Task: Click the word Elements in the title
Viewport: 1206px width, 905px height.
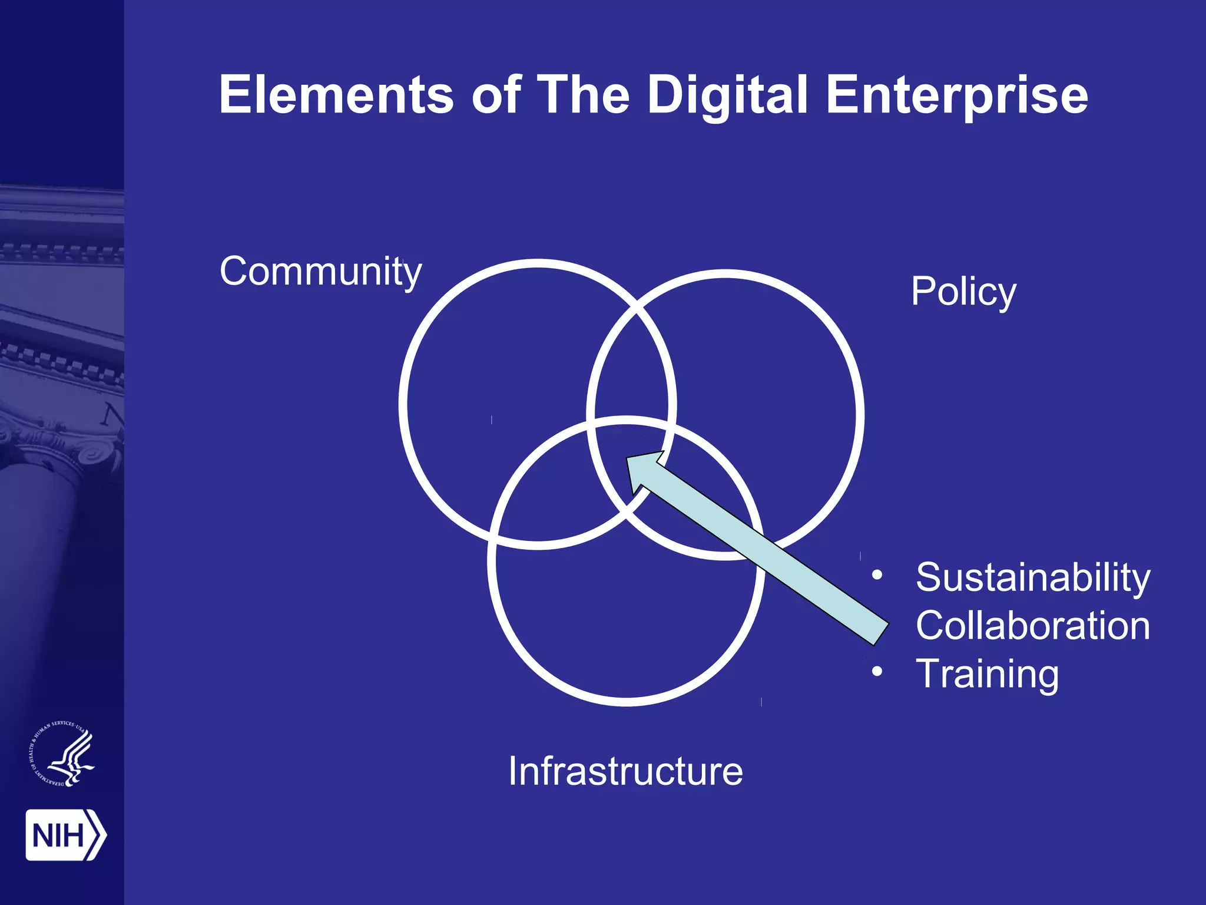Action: (x=336, y=95)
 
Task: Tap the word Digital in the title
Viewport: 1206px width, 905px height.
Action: (x=728, y=96)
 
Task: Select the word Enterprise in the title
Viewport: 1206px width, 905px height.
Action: (x=957, y=96)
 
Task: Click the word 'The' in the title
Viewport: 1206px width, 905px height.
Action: (x=584, y=95)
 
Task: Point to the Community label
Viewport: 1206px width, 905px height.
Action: (x=321, y=272)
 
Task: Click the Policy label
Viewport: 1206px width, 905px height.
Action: (x=963, y=292)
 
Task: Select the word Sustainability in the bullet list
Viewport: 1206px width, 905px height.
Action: (x=1033, y=577)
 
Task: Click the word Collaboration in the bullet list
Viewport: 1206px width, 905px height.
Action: (x=1033, y=625)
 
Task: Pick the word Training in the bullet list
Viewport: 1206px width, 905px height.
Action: (x=987, y=674)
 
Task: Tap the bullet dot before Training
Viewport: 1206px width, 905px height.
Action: (x=877, y=672)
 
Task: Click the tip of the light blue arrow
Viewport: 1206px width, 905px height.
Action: (x=628, y=460)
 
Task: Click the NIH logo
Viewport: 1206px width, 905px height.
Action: (x=65, y=835)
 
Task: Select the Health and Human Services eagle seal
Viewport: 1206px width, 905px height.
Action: (x=62, y=754)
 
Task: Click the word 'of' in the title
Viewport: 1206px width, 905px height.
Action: (x=496, y=95)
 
